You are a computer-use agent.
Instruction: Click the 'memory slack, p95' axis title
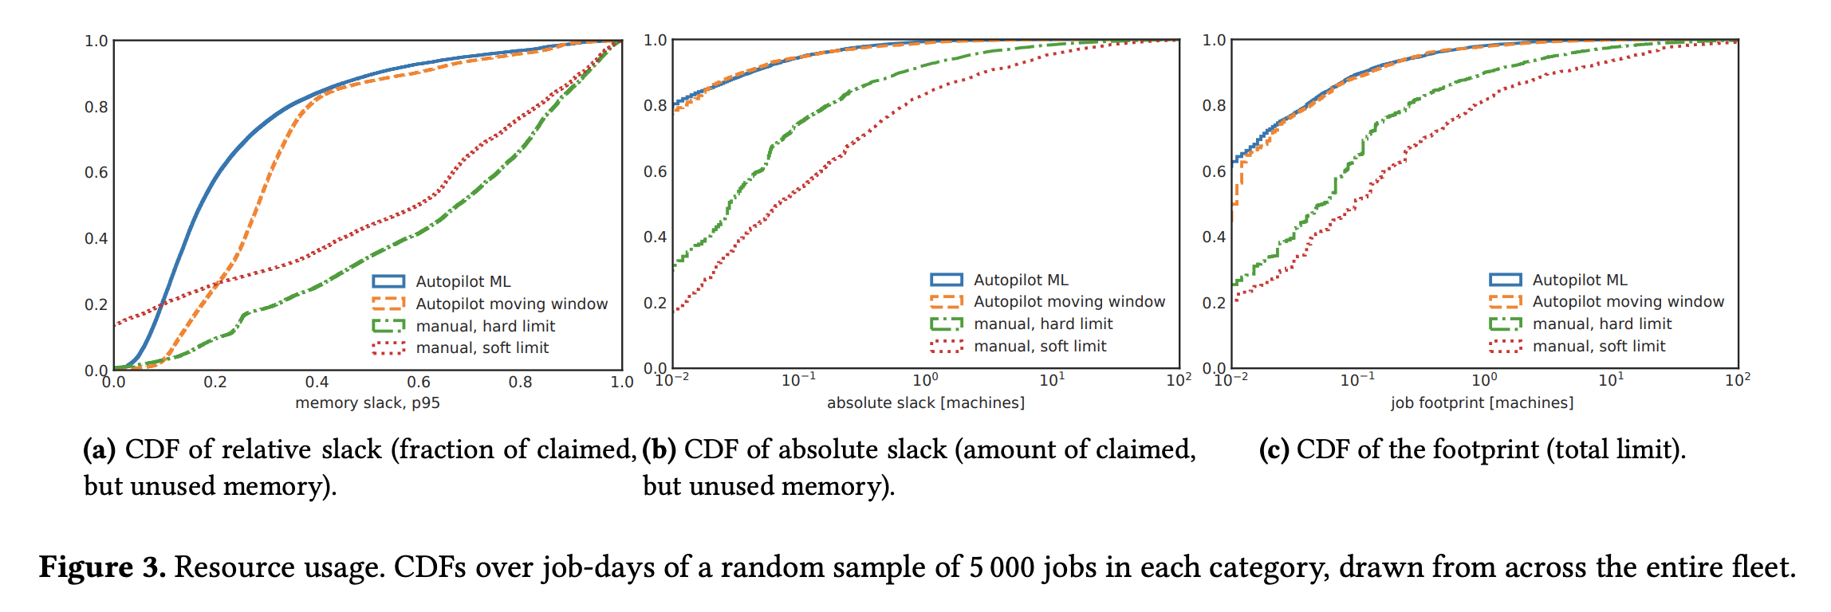[367, 403]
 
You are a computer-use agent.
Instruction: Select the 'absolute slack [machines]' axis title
[925, 403]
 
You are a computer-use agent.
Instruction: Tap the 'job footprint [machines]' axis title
[1482, 403]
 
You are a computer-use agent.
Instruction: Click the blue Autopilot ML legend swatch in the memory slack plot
[388, 281]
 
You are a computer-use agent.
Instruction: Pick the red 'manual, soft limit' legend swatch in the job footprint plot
[1505, 346]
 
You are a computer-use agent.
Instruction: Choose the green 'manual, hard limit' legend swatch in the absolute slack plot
[947, 324]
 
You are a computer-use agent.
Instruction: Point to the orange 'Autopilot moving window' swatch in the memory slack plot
[388, 304]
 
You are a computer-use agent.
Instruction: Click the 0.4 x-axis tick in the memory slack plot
[317, 382]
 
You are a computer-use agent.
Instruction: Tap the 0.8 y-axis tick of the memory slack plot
[96, 107]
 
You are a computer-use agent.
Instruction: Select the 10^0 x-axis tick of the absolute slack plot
[925, 380]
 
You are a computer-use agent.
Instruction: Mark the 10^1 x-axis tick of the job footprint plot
[1610, 380]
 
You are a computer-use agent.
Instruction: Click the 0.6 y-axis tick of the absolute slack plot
[655, 171]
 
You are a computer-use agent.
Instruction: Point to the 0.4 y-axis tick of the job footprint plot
[1214, 237]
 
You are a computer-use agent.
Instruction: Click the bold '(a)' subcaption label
[100, 450]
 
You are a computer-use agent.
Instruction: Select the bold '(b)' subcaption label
[660, 450]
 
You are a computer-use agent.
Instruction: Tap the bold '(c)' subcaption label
[1274, 450]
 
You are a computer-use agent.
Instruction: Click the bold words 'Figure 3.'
[102, 568]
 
